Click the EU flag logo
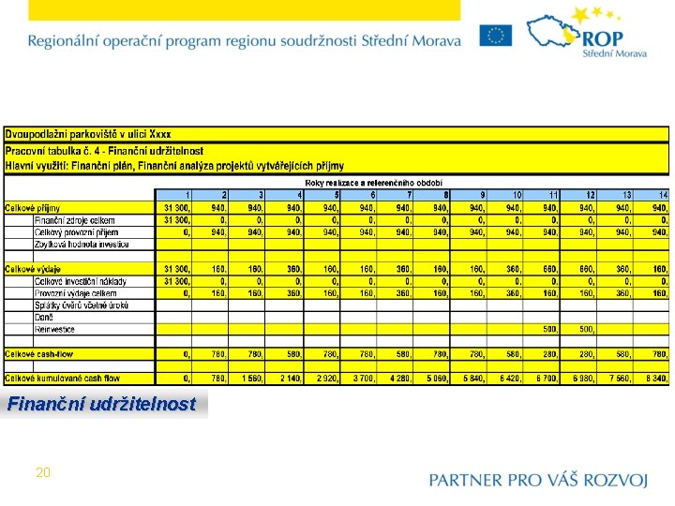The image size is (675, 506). point(496,36)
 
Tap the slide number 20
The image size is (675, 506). point(42,472)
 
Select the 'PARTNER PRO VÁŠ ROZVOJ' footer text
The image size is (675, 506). point(538,480)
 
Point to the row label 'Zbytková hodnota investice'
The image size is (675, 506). point(82,244)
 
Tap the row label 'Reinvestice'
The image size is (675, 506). point(56,330)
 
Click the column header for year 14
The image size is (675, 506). point(663,195)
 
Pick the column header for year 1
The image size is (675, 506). point(187,195)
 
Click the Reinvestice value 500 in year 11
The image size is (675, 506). point(550,330)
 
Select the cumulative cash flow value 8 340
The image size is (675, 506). point(653,379)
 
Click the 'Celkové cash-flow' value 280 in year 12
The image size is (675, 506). point(587,354)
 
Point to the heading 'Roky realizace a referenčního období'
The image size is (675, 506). point(374,183)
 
